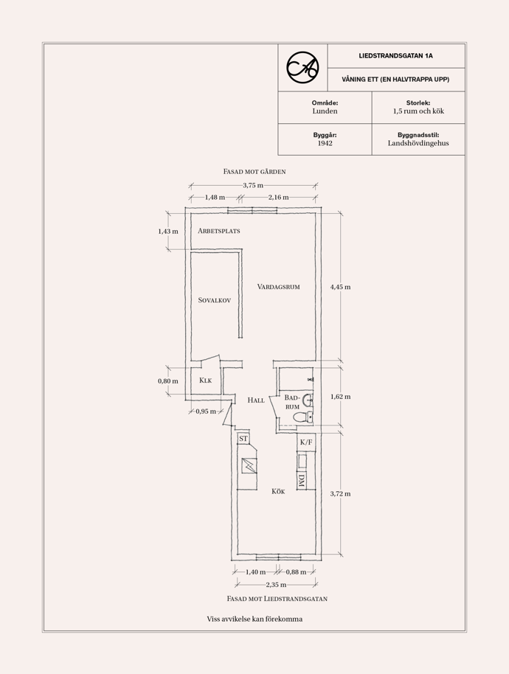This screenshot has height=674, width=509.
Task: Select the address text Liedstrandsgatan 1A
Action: pos(395,56)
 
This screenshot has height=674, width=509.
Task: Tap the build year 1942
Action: pos(325,143)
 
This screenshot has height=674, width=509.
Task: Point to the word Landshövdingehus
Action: pos(418,143)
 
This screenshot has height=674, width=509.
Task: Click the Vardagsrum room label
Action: pos(279,287)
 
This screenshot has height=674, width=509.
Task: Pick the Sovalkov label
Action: pos(215,300)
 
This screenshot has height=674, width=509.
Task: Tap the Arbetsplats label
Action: pos(219,231)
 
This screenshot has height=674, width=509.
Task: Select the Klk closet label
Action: pos(206,381)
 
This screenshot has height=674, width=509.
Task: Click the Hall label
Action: pos(256,400)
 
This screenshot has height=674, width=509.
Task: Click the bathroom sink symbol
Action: pos(308,400)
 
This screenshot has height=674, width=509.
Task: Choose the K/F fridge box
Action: pos(306,442)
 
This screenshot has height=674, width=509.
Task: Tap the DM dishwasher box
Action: pos(302,481)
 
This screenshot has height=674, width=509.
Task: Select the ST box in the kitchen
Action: pos(243,439)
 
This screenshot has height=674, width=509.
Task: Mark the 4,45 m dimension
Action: pos(341,287)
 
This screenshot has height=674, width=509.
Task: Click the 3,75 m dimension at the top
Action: pos(253,185)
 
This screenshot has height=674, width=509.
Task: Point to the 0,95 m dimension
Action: pos(206,411)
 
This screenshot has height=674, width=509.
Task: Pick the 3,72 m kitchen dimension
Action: pos(341,494)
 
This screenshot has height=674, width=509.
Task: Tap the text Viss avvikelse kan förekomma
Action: pos(254,619)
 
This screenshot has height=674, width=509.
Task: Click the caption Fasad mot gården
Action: pos(254,172)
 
